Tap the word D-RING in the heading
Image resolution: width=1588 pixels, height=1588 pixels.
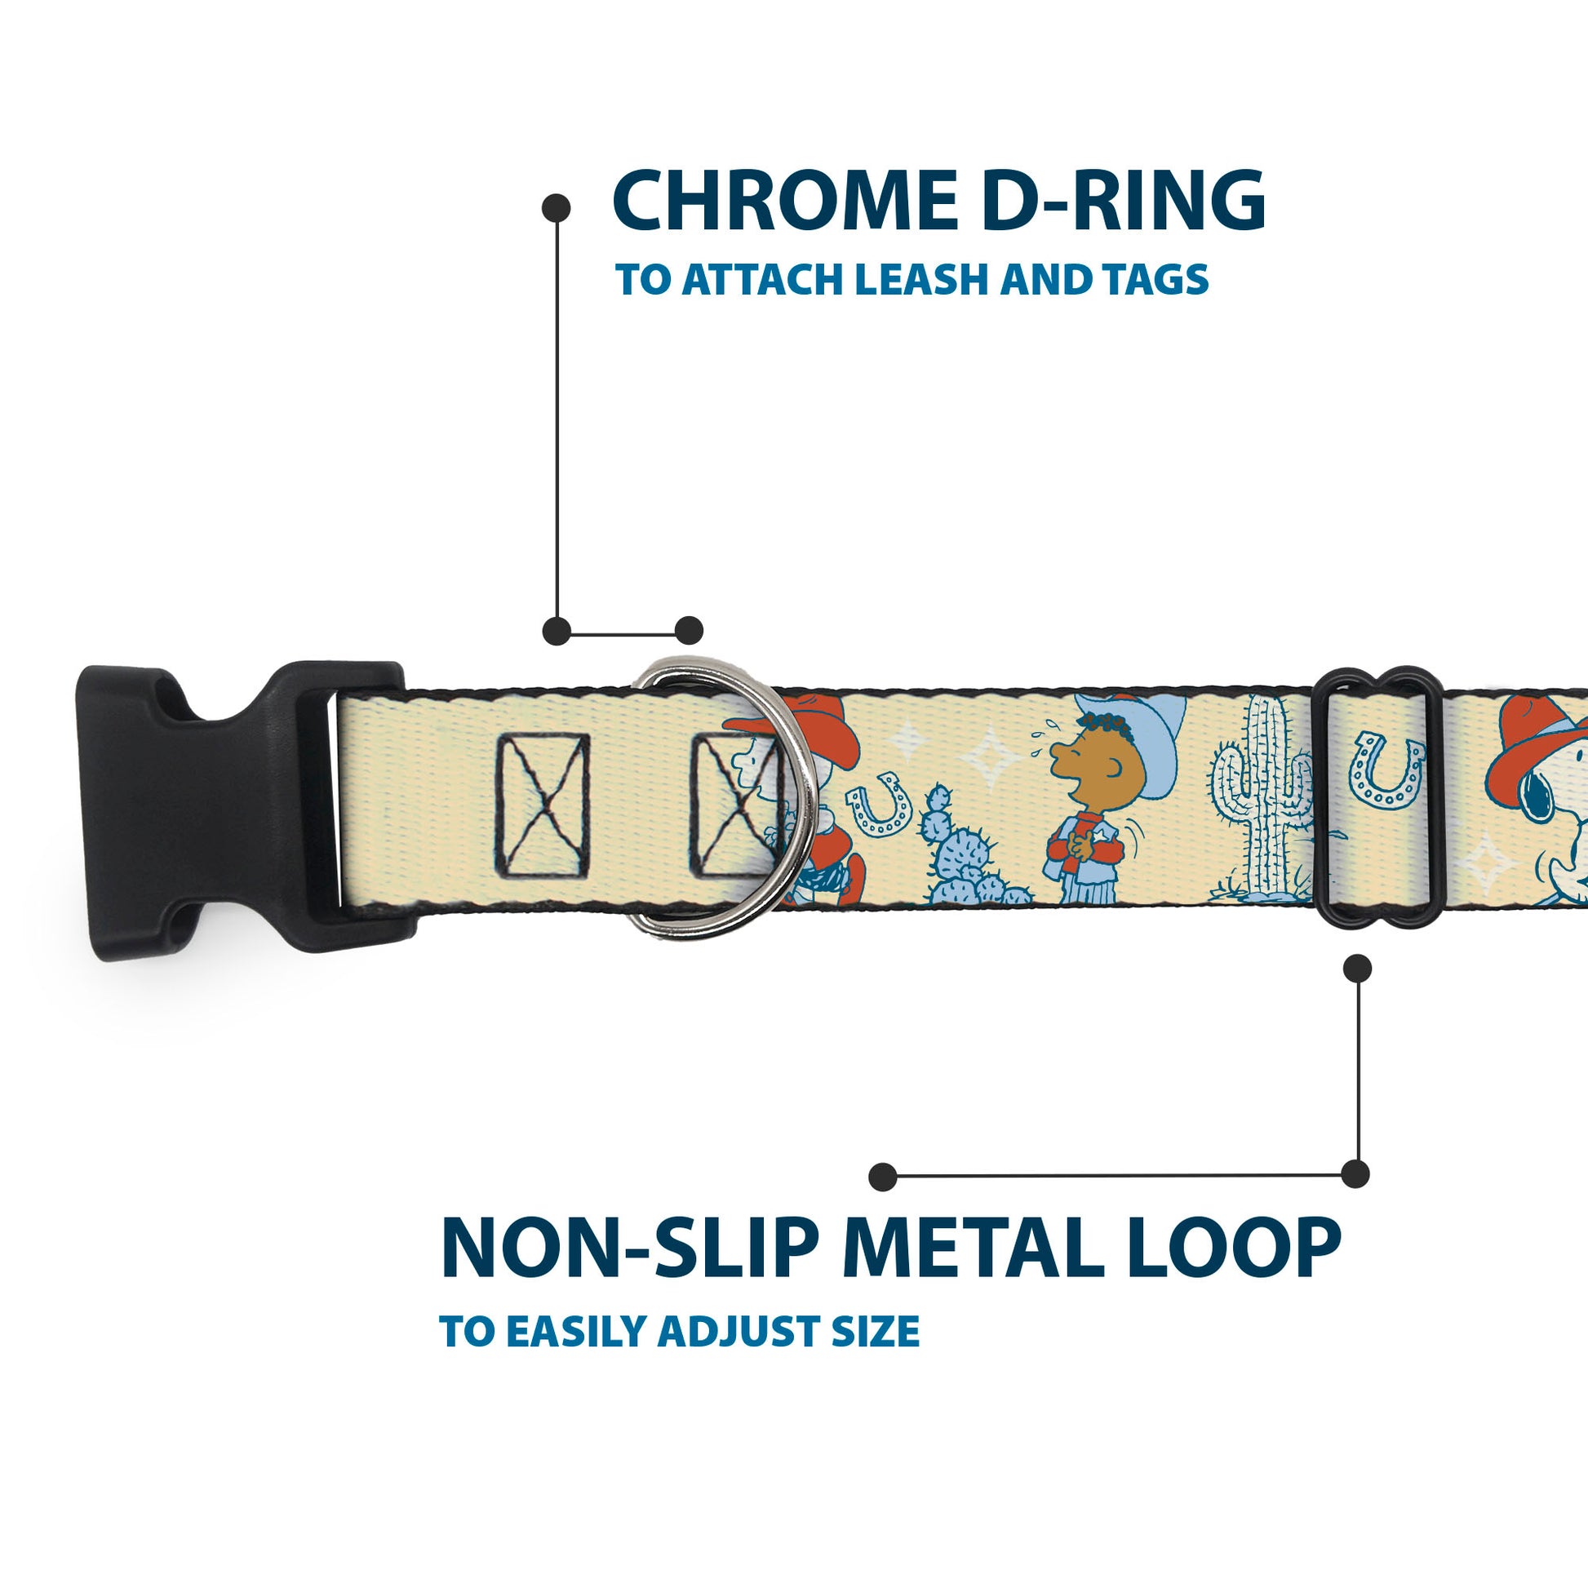tap(1124, 201)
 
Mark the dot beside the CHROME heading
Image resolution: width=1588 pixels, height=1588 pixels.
tap(557, 207)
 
